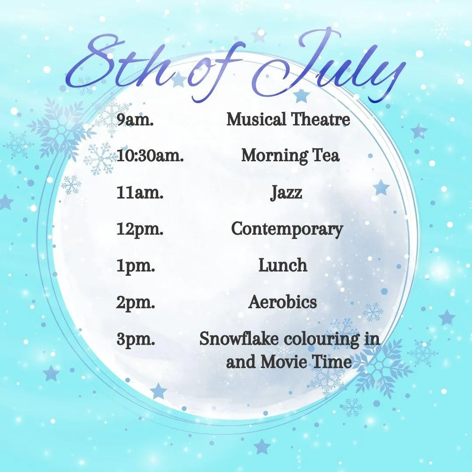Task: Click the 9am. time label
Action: [x=135, y=120]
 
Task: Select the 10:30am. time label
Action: [x=150, y=156]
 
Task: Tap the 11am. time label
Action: [x=140, y=193]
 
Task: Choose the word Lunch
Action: [x=283, y=266]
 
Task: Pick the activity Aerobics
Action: [x=283, y=302]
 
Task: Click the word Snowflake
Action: [x=239, y=339]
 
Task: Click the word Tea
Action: [x=326, y=156]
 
